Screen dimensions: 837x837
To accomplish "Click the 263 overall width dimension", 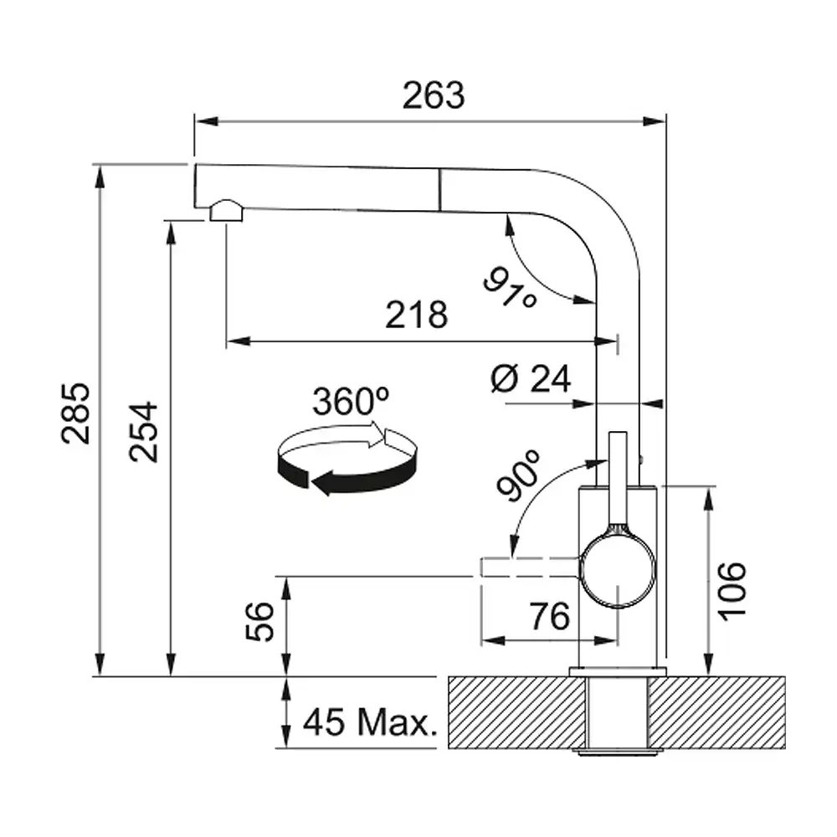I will click(432, 96).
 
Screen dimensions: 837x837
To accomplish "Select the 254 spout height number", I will click(144, 431).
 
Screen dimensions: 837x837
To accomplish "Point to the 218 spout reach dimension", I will click(416, 316).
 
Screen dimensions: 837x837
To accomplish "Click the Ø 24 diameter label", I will click(530, 379).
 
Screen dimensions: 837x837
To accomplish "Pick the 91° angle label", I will click(511, 285).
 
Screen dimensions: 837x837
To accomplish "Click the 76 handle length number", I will click(549, 617).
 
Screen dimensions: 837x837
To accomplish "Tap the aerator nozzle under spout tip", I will click(225, 211).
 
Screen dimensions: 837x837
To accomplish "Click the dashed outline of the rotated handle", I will click(527, 567).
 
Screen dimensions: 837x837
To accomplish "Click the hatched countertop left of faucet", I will click(511, 711).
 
